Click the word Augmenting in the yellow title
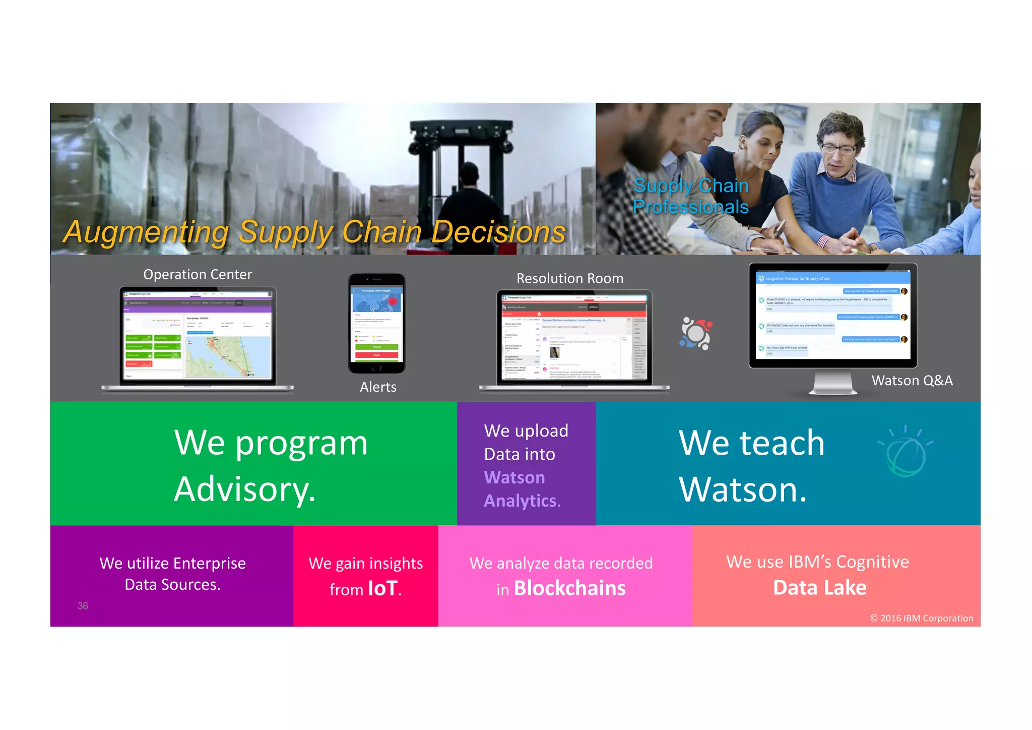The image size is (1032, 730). (146, 232)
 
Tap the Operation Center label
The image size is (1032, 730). (198, 275)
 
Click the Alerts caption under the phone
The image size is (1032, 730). (378, 387)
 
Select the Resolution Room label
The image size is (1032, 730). (570, 279)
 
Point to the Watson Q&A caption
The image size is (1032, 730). (912, 381)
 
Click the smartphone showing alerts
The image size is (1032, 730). (377, 323)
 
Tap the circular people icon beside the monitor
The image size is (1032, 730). (696, 333)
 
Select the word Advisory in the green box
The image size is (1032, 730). (245, 490)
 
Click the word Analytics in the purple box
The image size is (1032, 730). (522, 501)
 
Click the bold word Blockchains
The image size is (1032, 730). (569, 588)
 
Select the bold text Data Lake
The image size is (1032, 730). (820, 588)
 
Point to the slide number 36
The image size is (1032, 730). (83, 606)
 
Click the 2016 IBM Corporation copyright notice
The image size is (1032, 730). (922, 619)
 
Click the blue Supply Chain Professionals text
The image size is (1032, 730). (691, 196)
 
